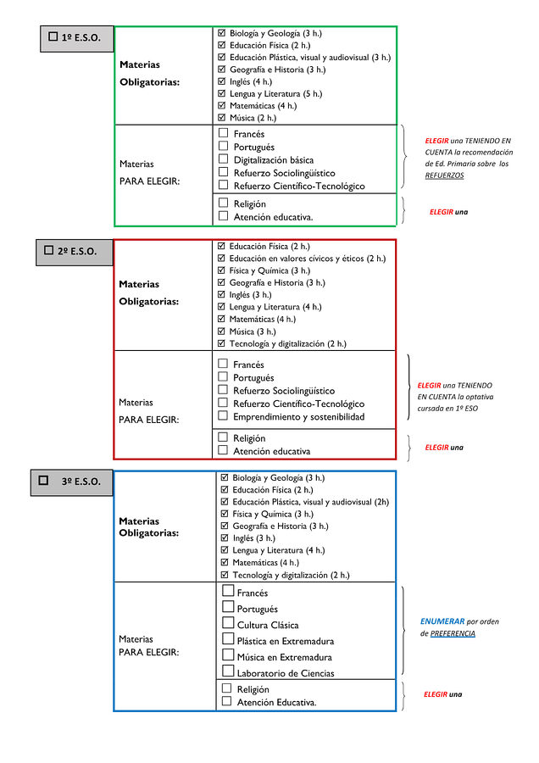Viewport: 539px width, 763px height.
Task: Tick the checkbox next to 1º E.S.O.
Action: point(53,36)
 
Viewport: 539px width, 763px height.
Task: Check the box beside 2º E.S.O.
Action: point(48,250)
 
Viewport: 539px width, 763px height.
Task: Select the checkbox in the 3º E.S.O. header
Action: point(43,481)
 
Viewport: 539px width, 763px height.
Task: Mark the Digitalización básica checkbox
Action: point(223,159)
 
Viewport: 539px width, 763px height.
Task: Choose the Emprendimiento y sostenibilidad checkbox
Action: point(223,415)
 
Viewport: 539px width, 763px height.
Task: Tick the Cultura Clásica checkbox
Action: point(228,622)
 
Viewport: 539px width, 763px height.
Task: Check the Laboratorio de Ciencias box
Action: point(228,671)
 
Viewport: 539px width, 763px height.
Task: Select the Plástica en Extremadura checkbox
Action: point(228,638)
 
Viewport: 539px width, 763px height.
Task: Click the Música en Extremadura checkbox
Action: point(228,654)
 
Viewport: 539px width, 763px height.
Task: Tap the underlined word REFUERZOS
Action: point(444,175)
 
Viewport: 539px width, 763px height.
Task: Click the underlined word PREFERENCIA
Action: point(453,633)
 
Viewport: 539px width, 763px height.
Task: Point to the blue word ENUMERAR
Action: point(442,621)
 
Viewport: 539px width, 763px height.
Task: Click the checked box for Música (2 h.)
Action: point(222,117)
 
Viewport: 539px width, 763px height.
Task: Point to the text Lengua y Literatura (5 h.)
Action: point(275,93)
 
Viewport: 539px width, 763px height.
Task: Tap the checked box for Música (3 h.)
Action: point(221,331)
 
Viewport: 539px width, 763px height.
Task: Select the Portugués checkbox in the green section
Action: point(223,146)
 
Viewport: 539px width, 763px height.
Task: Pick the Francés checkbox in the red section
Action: point(223,364)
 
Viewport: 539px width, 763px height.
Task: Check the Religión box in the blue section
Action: point(226,688)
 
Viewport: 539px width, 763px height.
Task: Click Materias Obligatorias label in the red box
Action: point(149,293)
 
